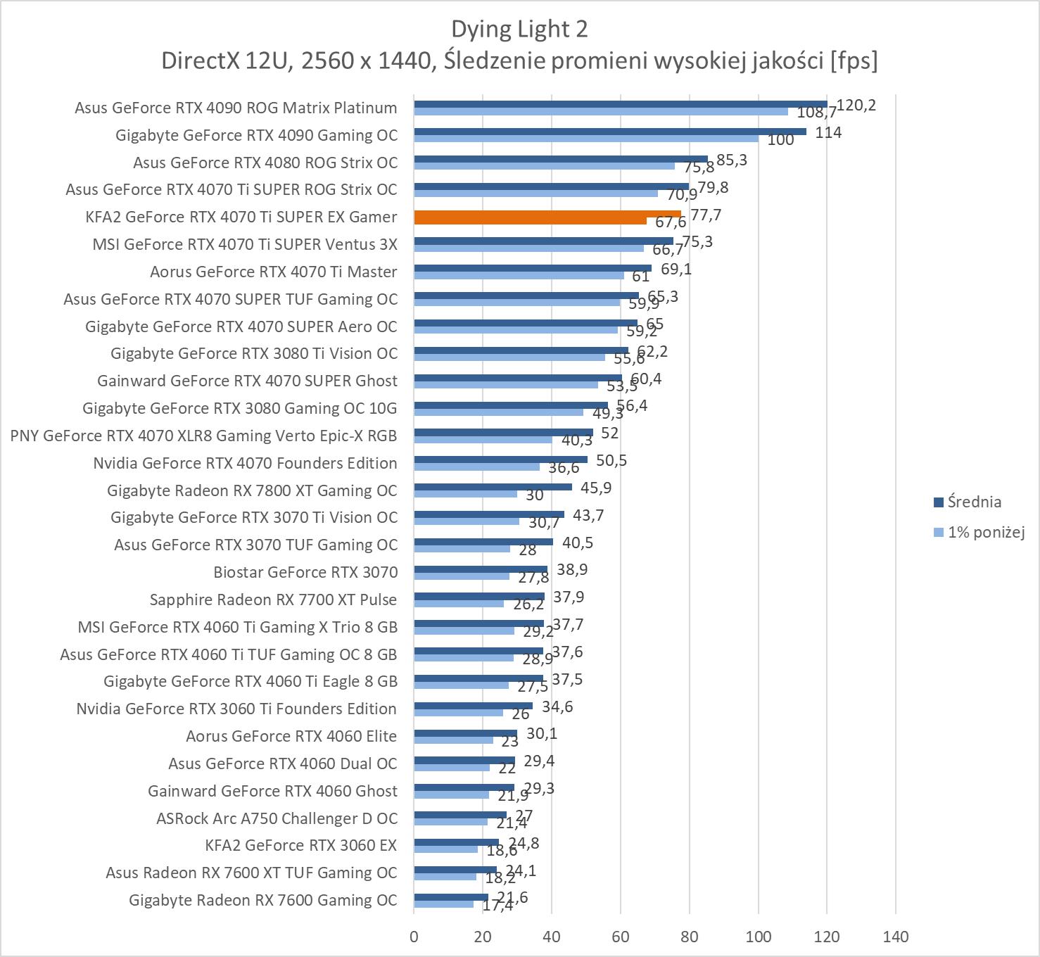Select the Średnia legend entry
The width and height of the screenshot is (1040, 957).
click(x=974, y=502)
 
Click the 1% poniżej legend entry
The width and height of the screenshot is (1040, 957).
click(x=985, y=532)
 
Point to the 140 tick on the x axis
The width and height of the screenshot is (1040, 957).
click(x=895, y=937)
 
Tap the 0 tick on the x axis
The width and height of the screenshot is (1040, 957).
click(x=414, y=937)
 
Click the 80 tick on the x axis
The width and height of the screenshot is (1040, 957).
click(x=690, y=937)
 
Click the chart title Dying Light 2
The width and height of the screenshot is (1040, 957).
click(x=519, y=30)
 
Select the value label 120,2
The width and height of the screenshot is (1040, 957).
click(x=856, y=106)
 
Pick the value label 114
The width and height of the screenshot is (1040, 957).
click(x=828, y=132)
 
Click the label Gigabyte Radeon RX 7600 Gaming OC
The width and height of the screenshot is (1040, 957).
click(x=263, y=900)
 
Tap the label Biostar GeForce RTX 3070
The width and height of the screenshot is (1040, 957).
click(x=305, y=572)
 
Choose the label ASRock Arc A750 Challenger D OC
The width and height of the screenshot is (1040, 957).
click(x=277, y=818)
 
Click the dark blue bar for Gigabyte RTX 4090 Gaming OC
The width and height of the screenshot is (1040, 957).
click(x=609, y=131)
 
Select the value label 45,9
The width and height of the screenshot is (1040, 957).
click(x=596, y=488)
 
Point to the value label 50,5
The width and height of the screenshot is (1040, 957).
click(x=611, y=461)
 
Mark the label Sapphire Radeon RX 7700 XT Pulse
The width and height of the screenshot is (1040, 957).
click(x=273, y=600)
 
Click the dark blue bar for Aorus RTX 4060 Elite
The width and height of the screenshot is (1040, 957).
click(x=465, y=733)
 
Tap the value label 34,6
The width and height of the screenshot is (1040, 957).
click(x=557, y=706)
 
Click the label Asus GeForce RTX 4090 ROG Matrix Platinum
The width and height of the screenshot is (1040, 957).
click(x=236, y=108)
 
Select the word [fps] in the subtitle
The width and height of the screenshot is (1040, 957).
click(x=854, y=61)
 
